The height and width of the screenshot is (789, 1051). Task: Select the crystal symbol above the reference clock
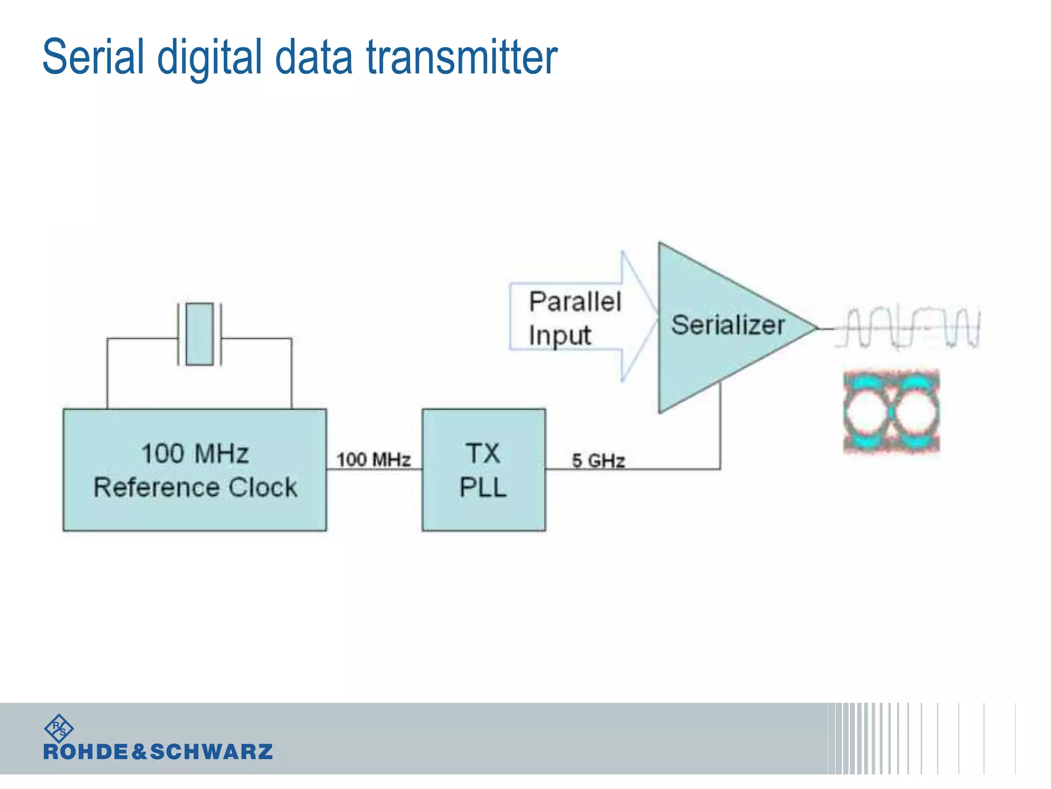pos(200,334)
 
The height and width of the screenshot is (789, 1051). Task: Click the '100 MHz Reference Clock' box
pos(194,469)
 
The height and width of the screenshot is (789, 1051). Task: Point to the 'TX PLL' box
pos(483,469)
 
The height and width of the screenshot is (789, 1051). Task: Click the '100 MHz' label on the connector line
pos(374,459)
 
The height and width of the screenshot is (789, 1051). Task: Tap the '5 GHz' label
pos(598,461)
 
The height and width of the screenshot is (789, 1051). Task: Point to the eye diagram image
pos(891,411)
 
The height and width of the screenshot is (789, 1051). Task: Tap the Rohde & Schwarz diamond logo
pos(59,728)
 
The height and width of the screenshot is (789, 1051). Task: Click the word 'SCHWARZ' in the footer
pos(211,752)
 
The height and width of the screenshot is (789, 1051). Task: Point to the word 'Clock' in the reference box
pos(263,487)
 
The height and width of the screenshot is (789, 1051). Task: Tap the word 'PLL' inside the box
pos(483,487)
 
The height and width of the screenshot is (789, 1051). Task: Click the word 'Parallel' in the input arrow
pos(575,302)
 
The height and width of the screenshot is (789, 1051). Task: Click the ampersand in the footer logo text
pos(139,752)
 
